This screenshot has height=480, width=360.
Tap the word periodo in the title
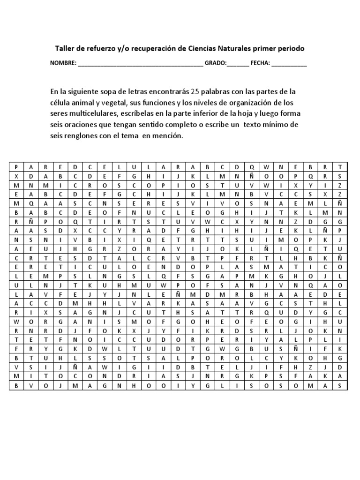point(290,48)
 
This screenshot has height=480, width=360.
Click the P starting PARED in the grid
point(16,167)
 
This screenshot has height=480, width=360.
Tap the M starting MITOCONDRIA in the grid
point(16,377)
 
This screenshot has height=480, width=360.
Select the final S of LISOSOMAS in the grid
point(340,386)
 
